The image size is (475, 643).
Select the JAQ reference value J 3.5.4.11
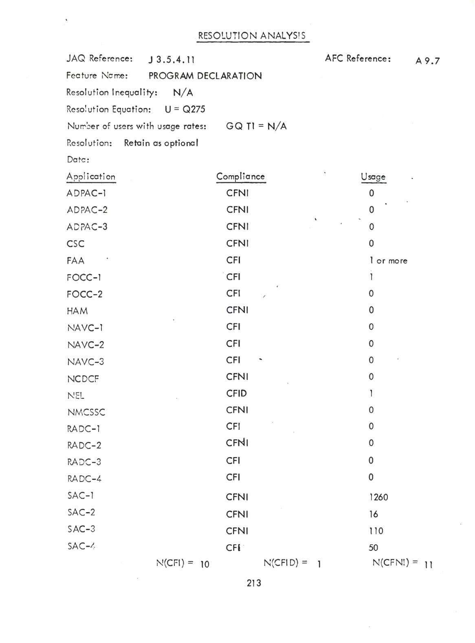point(172,60)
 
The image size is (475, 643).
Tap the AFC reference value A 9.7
point(427,61)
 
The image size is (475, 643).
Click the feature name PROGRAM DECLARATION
point(205,76)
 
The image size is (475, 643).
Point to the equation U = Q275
point(185,109)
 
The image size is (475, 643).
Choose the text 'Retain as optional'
point(161,143)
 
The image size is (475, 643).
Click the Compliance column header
point(240,177)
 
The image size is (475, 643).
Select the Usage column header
point(373,177)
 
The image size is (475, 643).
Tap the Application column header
point(91,177)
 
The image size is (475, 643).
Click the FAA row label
point(75,261)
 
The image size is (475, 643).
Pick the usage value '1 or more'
point(388,261)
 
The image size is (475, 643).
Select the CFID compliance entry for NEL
point(236,393)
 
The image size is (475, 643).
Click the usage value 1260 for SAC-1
point(378,497)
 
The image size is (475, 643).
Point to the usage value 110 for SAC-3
point(376,531)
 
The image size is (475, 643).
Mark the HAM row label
point(77,311)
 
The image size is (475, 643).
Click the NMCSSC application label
point(86,412)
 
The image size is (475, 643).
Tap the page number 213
point(253,583)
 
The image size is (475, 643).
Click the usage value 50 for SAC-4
point(373,548)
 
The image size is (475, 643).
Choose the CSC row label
point(75,244)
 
